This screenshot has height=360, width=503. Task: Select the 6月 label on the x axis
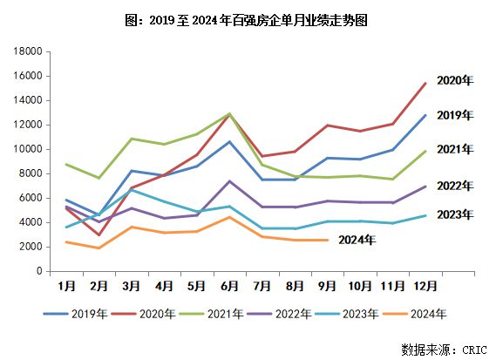click(229, 285)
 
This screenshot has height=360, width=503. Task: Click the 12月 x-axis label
click(425, 285)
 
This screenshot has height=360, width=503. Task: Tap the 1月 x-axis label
click(66, 285)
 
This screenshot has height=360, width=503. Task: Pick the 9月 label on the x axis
click(327, 285)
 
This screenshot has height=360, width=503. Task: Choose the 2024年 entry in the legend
click(420, 314)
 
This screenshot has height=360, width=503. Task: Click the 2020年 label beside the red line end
click(454, 80)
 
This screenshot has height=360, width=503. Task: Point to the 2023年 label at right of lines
click(454, 214)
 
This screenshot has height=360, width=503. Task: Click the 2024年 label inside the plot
click(357, 241)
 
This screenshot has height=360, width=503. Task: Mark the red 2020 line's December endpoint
click(425, 84)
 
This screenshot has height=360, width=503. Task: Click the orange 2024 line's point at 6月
click(229, 217)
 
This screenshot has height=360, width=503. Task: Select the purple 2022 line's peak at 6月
click(229, 181)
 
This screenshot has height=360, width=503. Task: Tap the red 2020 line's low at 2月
click(99, 235)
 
